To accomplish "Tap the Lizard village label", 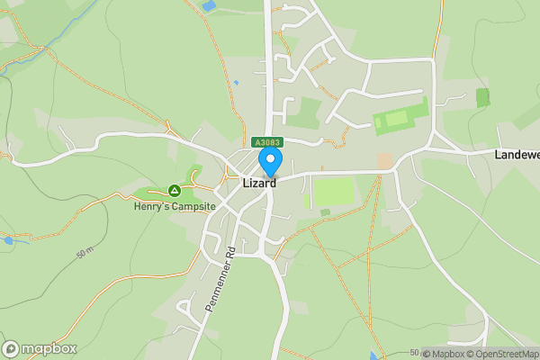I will (x=260, y=183).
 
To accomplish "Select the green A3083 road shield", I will (x=266, y=142).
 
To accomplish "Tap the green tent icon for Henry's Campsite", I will (x=174, y=191).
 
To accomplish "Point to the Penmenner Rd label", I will (x=220, y=279).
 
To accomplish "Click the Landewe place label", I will (x=517, y=155).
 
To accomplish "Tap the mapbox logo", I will (x=40, y=348).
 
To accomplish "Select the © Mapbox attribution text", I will (x=442, y=354).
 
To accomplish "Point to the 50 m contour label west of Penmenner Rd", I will (x=85, y=254).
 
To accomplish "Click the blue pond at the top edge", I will (x=209, y=6).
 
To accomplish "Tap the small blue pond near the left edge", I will (x=9, y=240).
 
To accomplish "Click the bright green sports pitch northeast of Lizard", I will (x=401, y=119).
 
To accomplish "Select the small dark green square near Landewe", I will (x=483, y=97).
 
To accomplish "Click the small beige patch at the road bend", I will (x=385, y=160).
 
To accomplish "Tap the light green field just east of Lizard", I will (x=333, y=192).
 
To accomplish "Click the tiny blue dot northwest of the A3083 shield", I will (x=236, y=83).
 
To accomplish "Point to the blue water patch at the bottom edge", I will (x=373, y=355).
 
